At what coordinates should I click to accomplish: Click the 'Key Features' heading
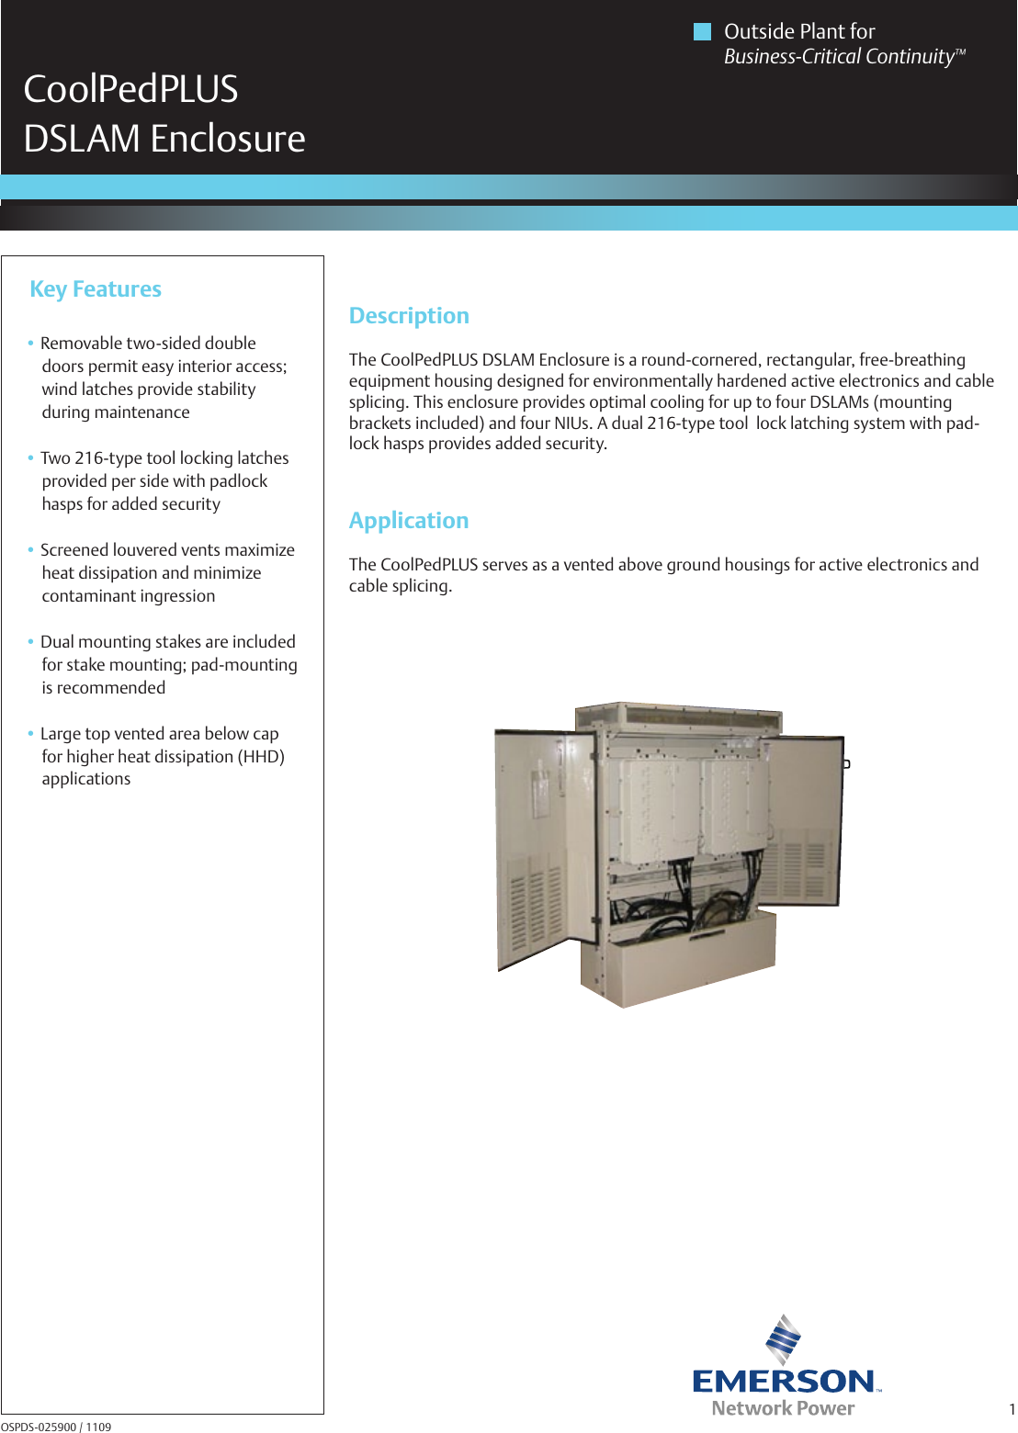click(96, 289)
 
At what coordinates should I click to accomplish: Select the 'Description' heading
click(409, 316)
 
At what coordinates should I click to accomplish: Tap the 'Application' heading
click(409, 521)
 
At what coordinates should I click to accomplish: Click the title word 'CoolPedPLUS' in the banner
click(130, 89)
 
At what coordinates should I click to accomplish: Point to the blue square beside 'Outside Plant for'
click(702, 32)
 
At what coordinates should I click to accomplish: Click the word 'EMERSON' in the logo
click(784, 1381)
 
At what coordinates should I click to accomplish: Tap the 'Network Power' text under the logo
click(783, 1408)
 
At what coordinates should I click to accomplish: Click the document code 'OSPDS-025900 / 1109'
click(56, 1427)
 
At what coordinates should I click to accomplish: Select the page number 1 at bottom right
click(1012, 1410)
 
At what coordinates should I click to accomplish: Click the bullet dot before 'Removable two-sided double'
click(30, 344)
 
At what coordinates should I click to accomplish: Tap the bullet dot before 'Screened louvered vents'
click(30, 550)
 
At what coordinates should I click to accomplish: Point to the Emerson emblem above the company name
click(783, 1339)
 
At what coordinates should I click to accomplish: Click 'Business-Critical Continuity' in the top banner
click(839, 57)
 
